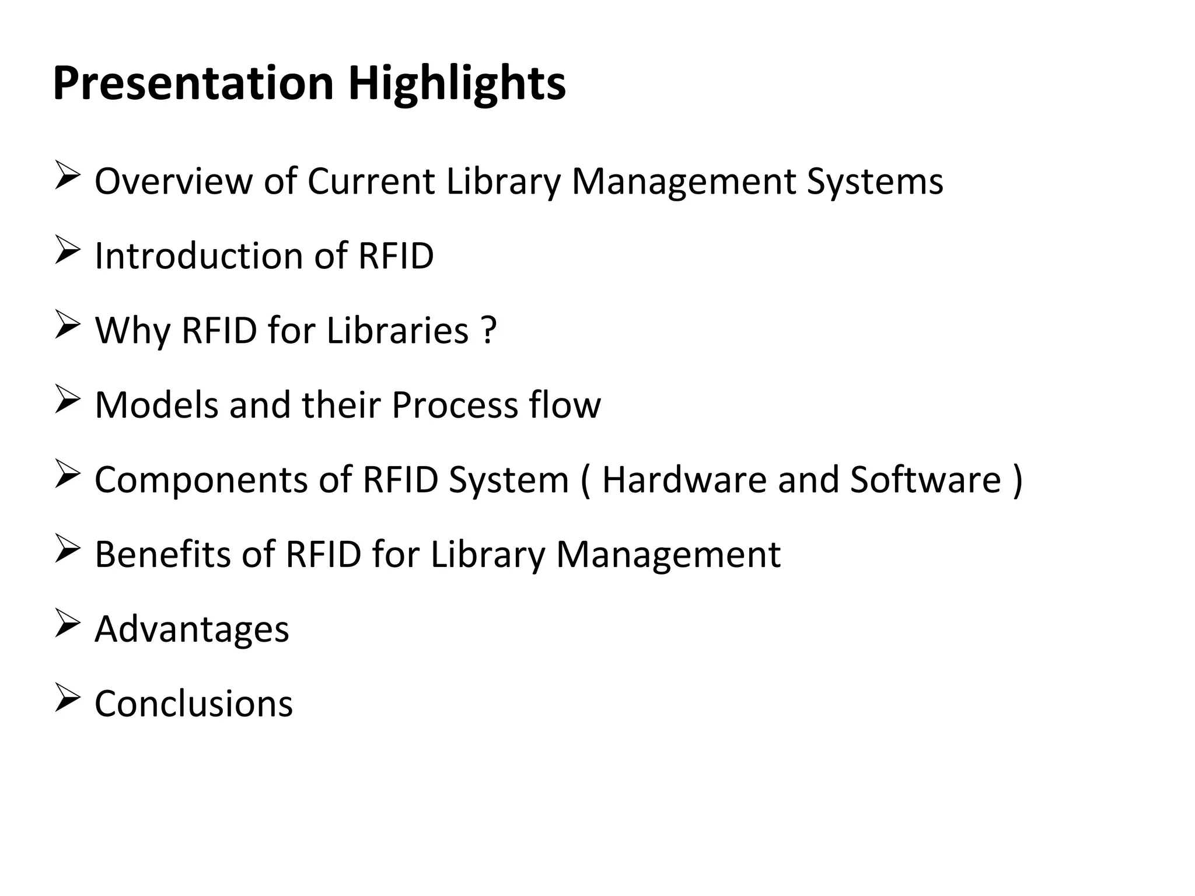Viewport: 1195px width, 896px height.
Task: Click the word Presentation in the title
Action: click(193, 83)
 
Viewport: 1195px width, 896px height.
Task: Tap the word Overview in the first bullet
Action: click(173, 181)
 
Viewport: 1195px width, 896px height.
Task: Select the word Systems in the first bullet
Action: click(875, 182)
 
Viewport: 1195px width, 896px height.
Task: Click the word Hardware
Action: click(683, 480)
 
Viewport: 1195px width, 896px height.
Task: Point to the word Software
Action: click(925, 480)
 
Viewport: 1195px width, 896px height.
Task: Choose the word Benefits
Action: click(162, 554)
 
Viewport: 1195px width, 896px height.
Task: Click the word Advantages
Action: click(191, 630)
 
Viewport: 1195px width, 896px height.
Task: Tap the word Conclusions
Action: click(193, 703)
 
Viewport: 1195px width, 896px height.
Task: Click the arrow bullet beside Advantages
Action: click(67, 625)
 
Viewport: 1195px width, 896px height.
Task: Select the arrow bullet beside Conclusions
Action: click(67, 699)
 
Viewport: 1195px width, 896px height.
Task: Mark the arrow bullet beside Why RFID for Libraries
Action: click(67, 326)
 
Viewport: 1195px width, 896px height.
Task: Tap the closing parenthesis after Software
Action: click(1018, 481)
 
